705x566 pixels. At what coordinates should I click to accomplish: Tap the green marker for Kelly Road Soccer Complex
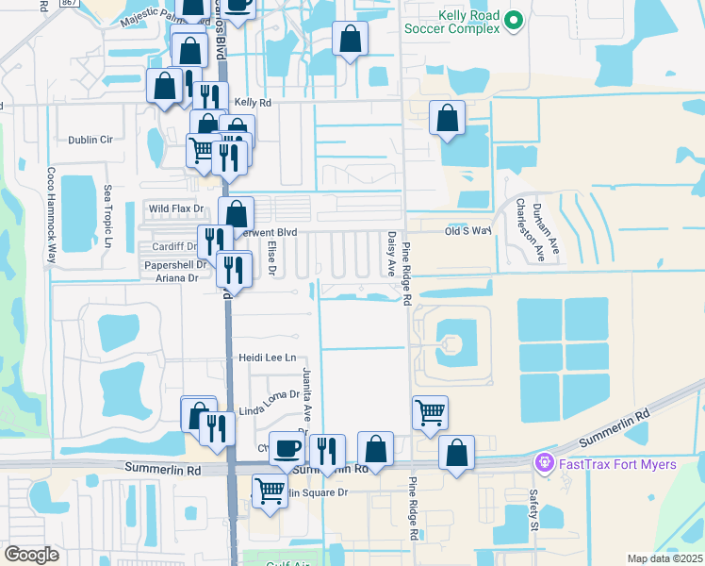514,20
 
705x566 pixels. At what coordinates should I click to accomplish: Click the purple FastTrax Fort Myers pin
543,463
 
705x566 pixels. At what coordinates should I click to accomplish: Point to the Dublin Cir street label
90,140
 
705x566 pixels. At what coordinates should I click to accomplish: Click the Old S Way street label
468,230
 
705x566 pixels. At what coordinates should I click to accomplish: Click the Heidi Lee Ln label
268,358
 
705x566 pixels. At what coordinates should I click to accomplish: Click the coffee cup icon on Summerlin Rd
287,447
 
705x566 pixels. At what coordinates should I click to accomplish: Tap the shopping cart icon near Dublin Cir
202,148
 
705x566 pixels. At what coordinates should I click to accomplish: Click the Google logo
31,554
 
